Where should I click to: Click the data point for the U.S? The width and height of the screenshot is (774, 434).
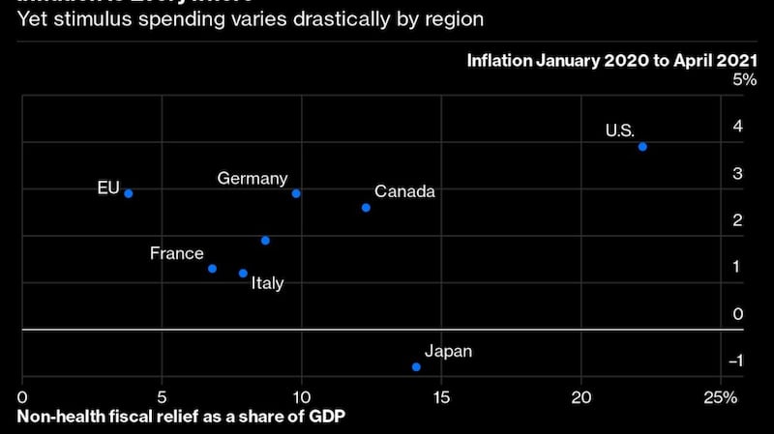(642, 147)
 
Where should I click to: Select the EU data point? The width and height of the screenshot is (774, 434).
(128, 193)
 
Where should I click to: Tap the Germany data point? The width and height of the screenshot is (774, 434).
(296, 193)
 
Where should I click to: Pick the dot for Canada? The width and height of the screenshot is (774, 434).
(366, 208)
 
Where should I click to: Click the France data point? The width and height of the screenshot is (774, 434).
(212, 269)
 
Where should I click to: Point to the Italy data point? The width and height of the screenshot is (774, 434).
(243, 274)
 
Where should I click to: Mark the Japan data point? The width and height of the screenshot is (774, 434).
(416, 367)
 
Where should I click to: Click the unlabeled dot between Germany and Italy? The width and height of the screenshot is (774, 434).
(265, 241)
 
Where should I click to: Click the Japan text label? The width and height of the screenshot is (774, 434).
(449, 351)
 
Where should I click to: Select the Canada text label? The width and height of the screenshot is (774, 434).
(404, 191)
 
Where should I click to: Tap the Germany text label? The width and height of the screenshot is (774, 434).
(253, 178)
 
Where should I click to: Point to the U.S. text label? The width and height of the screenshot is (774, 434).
(620, 130)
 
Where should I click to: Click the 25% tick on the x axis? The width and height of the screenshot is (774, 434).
(721, 398)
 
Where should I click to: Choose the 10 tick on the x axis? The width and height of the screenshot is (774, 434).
(302, 398)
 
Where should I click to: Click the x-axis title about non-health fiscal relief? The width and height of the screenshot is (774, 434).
(181, 418)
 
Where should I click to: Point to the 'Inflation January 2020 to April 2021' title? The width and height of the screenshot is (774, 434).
(605, 60)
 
